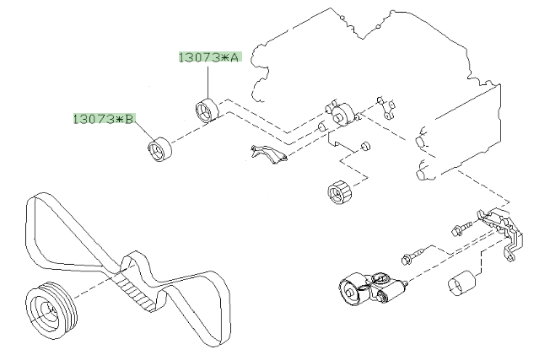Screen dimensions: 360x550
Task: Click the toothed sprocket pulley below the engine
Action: [338, 193]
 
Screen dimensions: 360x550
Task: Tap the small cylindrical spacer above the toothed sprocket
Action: [364, 148]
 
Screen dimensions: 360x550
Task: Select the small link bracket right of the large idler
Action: [387, 106]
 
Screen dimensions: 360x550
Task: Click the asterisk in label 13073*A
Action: [223, 57]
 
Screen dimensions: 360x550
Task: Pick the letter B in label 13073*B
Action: [128, 119]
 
